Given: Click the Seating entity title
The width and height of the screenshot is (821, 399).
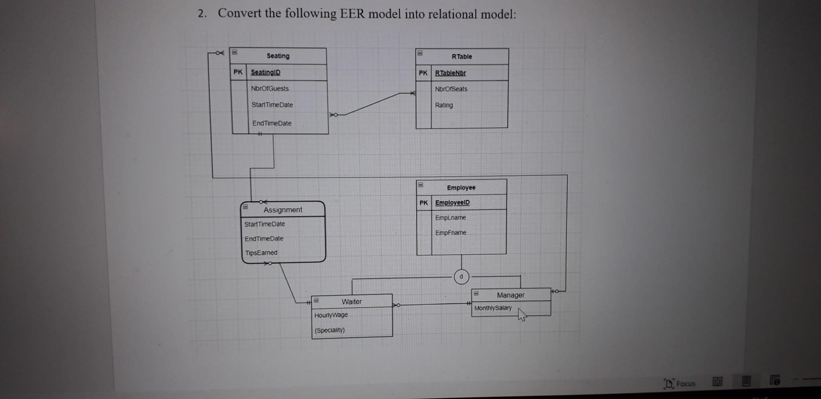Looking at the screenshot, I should (278, 56).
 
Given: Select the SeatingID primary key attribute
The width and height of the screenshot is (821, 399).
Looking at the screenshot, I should (265, 72).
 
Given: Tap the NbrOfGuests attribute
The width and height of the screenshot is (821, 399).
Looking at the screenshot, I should (269, 88).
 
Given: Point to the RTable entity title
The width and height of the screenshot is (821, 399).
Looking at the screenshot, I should (461, 57).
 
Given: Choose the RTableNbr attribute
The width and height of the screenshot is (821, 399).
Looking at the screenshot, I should (450, 73).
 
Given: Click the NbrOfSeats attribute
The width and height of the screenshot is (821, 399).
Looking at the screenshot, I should (451, 89).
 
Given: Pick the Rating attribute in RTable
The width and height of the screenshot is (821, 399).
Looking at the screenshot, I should (444, 105).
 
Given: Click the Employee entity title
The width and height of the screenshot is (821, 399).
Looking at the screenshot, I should (461, 188).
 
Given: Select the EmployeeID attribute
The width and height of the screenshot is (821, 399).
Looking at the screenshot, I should (452, 203).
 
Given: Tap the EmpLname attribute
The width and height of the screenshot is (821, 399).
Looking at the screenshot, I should (451, 218).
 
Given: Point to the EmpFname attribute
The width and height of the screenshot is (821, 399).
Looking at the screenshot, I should (451, 233).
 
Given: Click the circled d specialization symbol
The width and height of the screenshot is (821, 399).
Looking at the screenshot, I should (461, 277).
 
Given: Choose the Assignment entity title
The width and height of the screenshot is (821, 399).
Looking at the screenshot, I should (283, 210).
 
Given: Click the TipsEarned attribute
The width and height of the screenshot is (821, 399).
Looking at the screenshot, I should (261, 253).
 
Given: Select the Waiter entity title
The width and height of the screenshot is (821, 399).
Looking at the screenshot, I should (352, 302).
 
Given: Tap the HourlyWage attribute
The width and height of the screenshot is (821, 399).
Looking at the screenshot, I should (331, 315).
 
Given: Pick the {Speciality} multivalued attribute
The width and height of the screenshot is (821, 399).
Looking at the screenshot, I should (330, 330).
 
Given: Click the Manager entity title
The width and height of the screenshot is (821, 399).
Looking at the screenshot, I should (510, 295).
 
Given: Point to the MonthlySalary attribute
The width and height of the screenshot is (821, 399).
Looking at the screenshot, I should (493, 308).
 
